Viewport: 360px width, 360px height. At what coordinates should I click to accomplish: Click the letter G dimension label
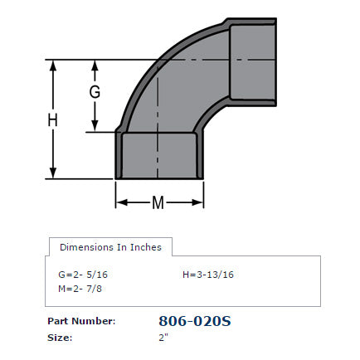(x=95, y=93)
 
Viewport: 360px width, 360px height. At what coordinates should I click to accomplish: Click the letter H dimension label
(x=52, y=119)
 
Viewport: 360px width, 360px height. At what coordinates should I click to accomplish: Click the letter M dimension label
(x=158, y=202)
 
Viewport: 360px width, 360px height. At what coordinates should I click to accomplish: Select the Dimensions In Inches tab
(x=110, y=246)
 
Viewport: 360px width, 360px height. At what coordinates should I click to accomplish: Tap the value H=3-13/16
(x=208, y=274)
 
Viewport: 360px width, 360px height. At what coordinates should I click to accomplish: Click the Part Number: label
(x=80, y=320)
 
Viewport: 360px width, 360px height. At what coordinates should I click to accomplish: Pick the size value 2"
(x=163, y=337)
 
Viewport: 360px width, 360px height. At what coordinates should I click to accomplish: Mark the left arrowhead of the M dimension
(x=119, y=202)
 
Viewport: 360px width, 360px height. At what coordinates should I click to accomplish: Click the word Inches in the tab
(x=146, y=246)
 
